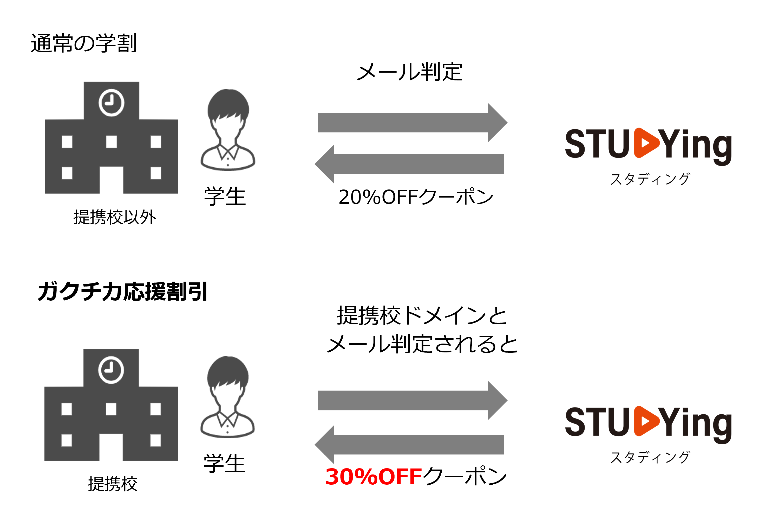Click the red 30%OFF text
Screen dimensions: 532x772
(373, 477)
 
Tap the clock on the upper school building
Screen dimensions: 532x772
(112, 103)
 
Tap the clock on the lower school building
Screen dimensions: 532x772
(111, 370)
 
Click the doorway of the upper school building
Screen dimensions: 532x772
(112, 180)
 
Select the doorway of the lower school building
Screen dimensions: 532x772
(111, 448)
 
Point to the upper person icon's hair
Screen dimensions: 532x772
(228, 104)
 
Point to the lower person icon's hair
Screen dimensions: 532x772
(228, 371)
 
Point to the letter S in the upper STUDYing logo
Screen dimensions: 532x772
(575, 144)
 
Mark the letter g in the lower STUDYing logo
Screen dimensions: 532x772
(722, 425)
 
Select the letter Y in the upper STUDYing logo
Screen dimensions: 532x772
(669, 144)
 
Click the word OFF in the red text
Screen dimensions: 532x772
(400, 477)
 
